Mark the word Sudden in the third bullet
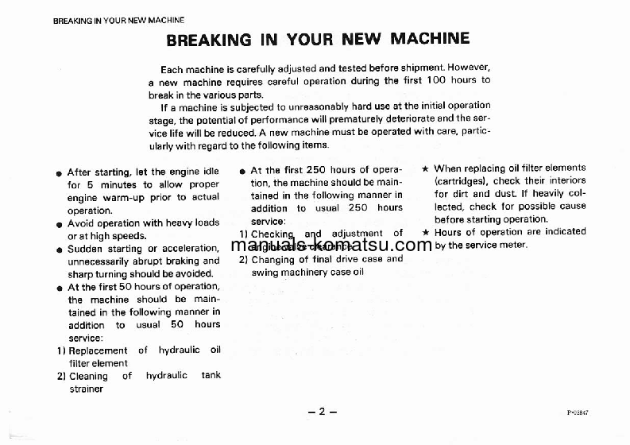click(x=85, y=249)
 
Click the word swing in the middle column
click(x=265, y=272)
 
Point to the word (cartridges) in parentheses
click(x=463, y=180)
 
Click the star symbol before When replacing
click(x=426, y=168)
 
